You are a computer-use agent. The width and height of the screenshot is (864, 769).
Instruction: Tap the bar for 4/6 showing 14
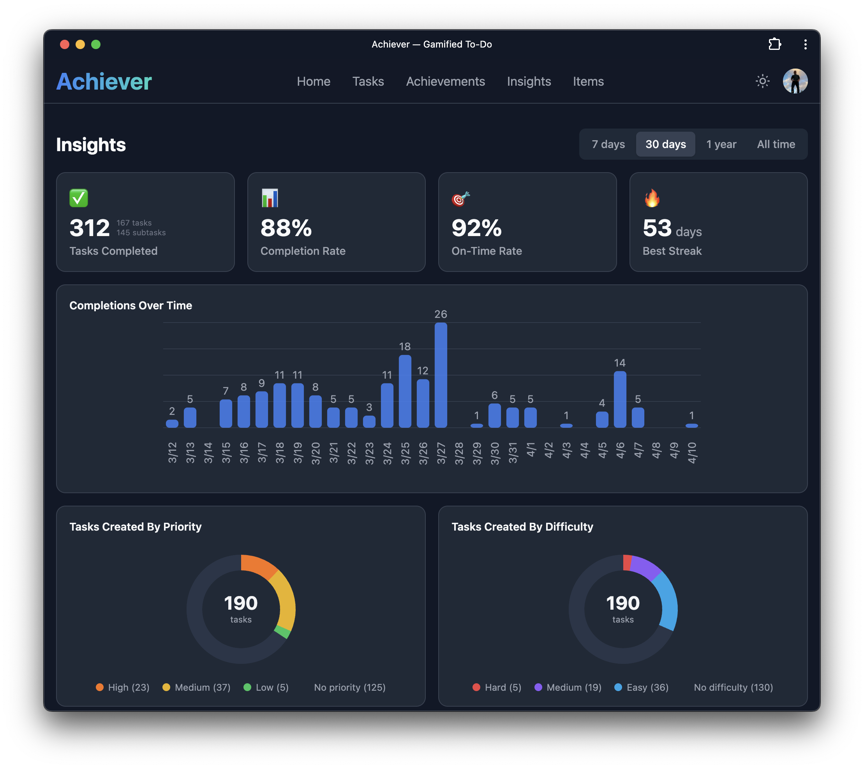620,400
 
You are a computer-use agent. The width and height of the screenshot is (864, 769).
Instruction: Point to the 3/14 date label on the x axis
208,453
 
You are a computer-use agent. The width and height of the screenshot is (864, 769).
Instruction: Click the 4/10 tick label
691,453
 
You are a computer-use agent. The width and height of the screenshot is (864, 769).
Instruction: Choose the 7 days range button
608,145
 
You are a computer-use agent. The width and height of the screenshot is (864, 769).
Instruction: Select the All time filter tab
776,145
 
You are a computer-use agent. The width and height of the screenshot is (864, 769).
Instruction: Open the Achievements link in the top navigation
445,81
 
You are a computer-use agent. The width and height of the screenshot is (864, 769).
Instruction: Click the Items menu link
588,81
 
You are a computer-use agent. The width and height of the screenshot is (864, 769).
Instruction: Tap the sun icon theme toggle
762,81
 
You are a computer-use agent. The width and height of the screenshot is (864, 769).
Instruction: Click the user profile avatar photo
795,81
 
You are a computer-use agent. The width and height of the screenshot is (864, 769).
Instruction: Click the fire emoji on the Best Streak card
652,198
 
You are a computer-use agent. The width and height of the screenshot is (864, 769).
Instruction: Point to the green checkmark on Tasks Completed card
79,198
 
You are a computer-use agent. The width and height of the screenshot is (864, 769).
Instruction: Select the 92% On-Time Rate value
476,228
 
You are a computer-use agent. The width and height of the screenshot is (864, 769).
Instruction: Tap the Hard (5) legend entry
497,688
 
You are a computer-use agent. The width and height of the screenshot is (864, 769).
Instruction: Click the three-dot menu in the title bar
805,44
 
